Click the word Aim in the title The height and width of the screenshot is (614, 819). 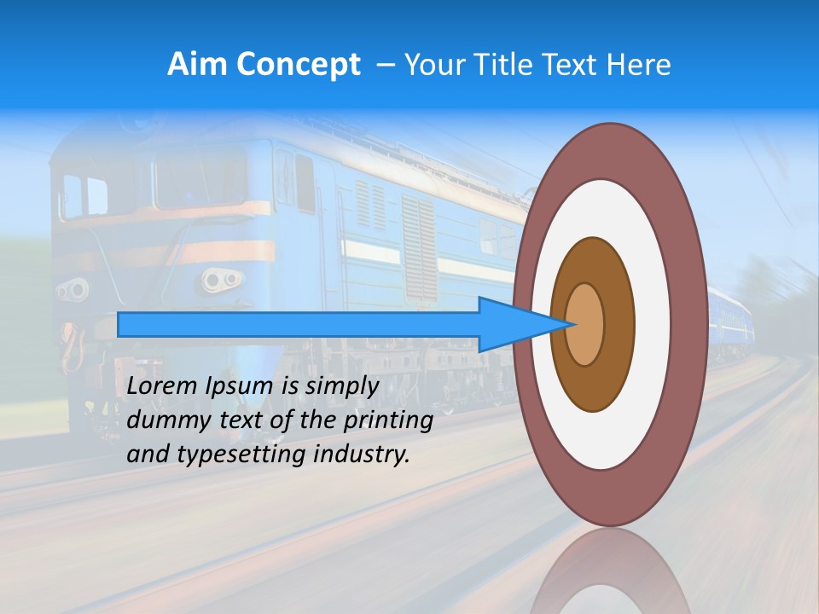(x=197, y=65)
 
